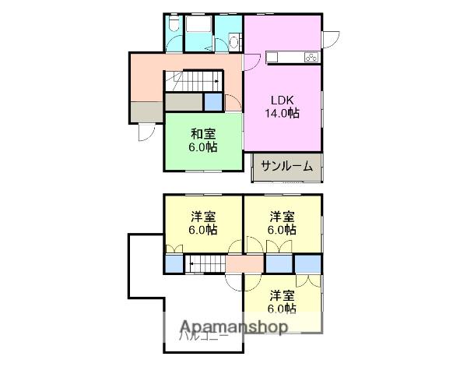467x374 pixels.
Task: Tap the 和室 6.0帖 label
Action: coord(202,139)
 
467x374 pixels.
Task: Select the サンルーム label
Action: coord(286,165)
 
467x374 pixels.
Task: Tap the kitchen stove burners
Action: coord(310,57)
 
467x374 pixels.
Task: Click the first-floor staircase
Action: coord(193,80)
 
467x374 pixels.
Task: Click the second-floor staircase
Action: coord(204,265)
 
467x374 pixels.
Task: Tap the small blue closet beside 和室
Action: coord(212,101)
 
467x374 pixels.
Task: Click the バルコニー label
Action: coord(204,337)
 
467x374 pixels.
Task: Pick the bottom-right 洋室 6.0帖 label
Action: coord(283,301)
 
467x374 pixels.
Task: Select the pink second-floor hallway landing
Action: coord(244,264)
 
